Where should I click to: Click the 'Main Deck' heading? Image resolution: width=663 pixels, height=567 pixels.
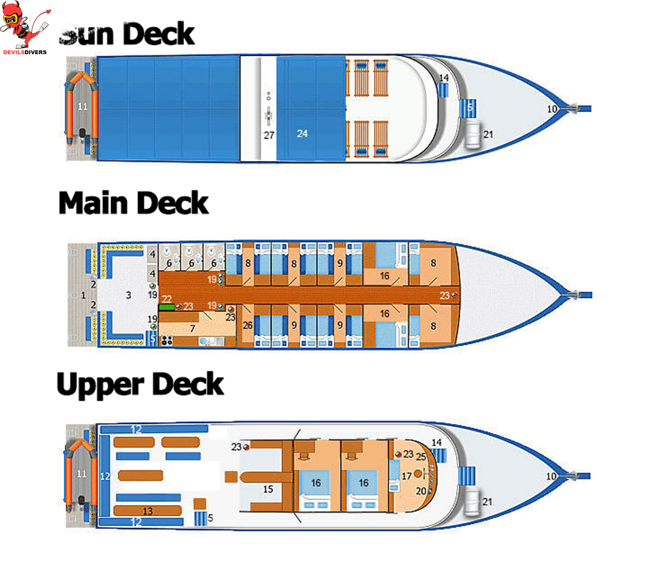133,203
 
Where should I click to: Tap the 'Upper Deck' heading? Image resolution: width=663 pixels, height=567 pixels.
140,385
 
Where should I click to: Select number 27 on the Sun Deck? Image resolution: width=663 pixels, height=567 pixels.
269,135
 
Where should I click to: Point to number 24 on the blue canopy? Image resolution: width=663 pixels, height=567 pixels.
302,133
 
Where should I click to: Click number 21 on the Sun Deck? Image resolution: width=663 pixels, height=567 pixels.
488,134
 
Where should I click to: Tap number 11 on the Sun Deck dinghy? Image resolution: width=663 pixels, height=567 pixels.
82,107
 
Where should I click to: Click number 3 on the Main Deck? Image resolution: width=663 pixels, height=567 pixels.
128,295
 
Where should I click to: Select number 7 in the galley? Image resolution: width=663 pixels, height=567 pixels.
192,329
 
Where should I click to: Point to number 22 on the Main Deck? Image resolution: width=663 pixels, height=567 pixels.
166,298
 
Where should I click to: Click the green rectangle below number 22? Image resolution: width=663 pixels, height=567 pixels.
166,306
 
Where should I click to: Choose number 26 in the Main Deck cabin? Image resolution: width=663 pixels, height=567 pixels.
247,325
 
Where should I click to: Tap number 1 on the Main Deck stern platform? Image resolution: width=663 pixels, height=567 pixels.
83,295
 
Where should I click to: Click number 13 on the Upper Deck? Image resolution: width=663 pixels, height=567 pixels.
148,511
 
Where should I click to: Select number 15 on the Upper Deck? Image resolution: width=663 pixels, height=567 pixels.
268,489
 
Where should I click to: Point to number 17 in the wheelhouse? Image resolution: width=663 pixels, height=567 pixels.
407,476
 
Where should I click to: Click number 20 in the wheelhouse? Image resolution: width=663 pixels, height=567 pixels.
421,491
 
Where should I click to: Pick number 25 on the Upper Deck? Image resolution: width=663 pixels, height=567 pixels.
421,457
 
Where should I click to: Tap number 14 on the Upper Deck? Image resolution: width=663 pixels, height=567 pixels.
436,443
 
